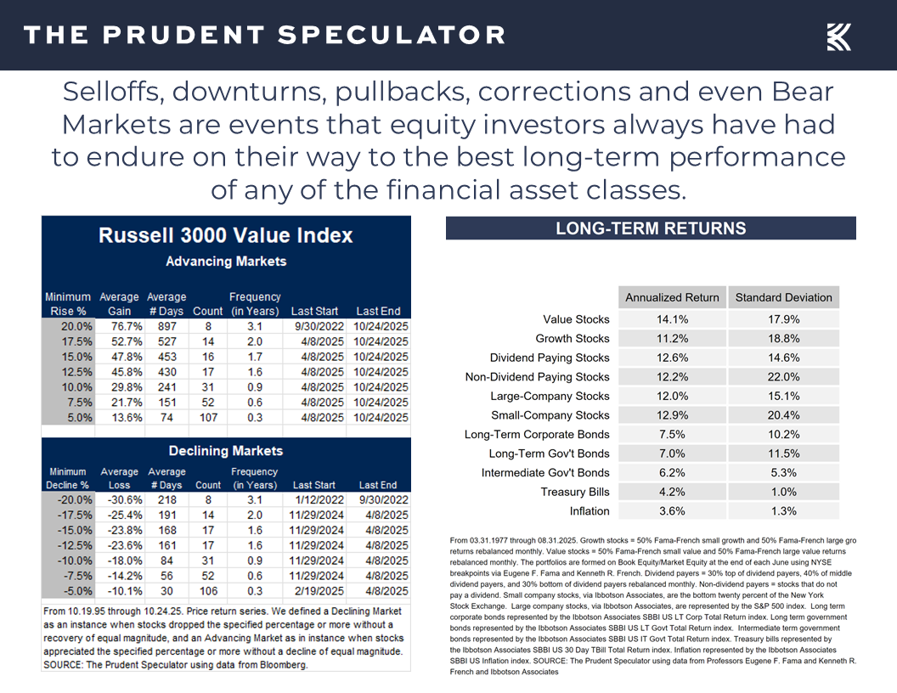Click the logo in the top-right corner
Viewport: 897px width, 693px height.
click(839, 36)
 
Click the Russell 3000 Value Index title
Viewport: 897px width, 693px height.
click(225, 235)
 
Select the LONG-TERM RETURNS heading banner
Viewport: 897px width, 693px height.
click(651, 228)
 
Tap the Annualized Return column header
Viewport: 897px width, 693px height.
click(672, 297)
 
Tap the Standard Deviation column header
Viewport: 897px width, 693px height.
click(783, 297)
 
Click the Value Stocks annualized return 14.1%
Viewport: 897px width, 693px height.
click(672, 319)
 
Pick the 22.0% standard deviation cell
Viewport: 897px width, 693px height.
click(783, 377)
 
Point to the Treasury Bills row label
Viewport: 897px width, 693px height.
click(575, 492)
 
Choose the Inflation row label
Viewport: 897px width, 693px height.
click(590, 511)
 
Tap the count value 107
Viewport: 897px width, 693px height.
click(208, 417)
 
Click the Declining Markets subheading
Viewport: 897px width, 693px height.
click(225, 451)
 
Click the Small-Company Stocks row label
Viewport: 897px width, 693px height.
click(550, 415)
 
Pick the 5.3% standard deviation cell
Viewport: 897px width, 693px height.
click(783, 473)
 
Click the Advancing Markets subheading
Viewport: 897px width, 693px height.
click(225, 261)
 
